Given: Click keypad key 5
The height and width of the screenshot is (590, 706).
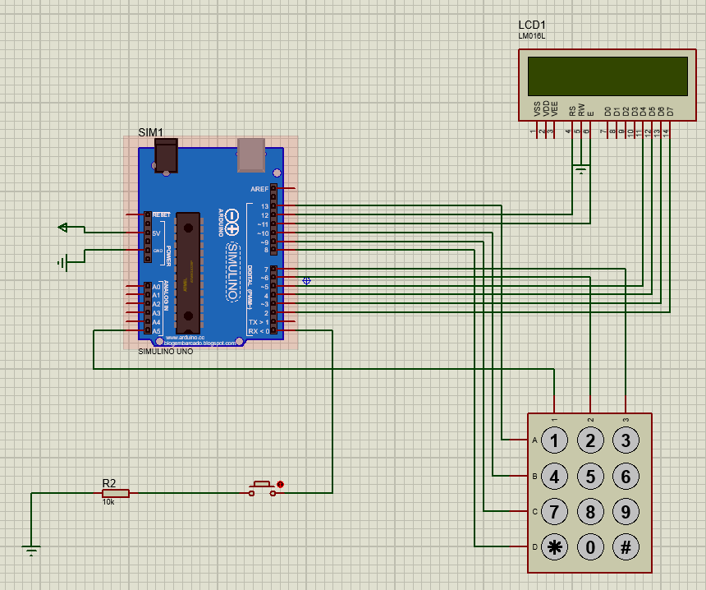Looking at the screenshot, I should pyautogui.click(x=589, y=476).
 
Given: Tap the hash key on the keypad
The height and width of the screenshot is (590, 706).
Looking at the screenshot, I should pyautogui.click(x=626, y=546).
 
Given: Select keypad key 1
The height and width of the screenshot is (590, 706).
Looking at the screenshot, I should pyautogui.click(x=554, y=440).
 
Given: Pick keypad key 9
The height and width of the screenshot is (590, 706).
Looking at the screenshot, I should pyautogui.click(x=626, y=511).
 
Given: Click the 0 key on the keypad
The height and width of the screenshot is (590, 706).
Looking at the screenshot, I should pyautogui.click(x=589, y=546).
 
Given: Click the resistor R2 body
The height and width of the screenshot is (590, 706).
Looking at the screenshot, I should pyautogui.click(x=115, y=494).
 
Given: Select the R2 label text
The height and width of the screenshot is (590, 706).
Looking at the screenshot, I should pyautogui.click(x=109, y=482).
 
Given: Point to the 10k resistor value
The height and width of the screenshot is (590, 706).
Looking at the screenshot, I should pyautogui.click(x=108, y=502).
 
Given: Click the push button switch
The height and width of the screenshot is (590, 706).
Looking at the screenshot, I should pyautogui.click(x=262, y=487).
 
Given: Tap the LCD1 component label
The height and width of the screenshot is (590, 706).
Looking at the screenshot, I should pyautogui.click(x=532, y=25).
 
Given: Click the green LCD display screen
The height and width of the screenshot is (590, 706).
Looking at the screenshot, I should pyautogui.click(x=607, y=76).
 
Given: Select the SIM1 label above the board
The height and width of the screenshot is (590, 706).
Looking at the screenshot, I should pyautogui.click(x=150, y=132).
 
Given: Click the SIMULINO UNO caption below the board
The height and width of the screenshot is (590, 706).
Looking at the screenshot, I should pyautogui.click(x=166, y=351).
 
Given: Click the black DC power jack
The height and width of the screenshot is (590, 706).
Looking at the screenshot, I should pyautogui.click(x=167, y=155).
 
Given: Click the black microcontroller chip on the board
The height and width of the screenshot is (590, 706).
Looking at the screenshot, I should pyautogui.click(x=188, y=267).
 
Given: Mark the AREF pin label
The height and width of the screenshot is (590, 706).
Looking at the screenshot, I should pyautogui.click(x=259, y=189).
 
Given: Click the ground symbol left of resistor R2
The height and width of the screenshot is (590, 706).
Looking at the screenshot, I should pyautogui.click(x=30, y=549).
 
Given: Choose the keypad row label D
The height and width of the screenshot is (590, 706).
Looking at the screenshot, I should pyautogui.click(x=534, y=546).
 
